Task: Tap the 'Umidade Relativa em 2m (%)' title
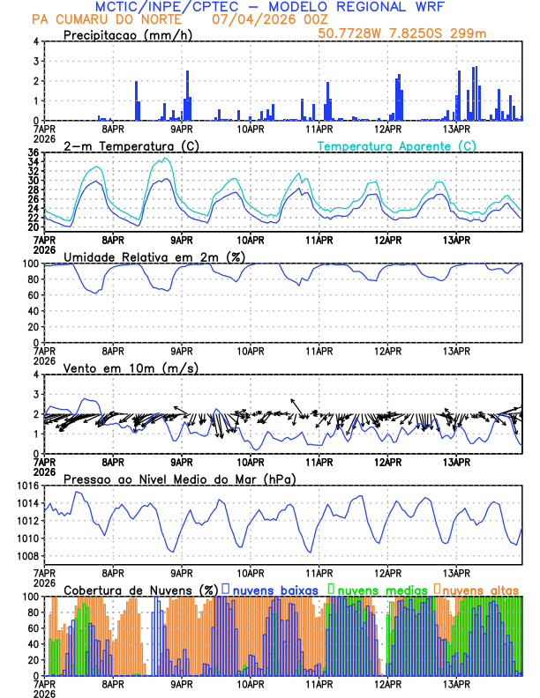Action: tap(154, 256)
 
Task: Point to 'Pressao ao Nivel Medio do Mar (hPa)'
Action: tap(179, 479)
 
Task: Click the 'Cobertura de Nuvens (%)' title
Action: tap(141, 590)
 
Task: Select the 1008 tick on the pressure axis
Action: tap(26, 556)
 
